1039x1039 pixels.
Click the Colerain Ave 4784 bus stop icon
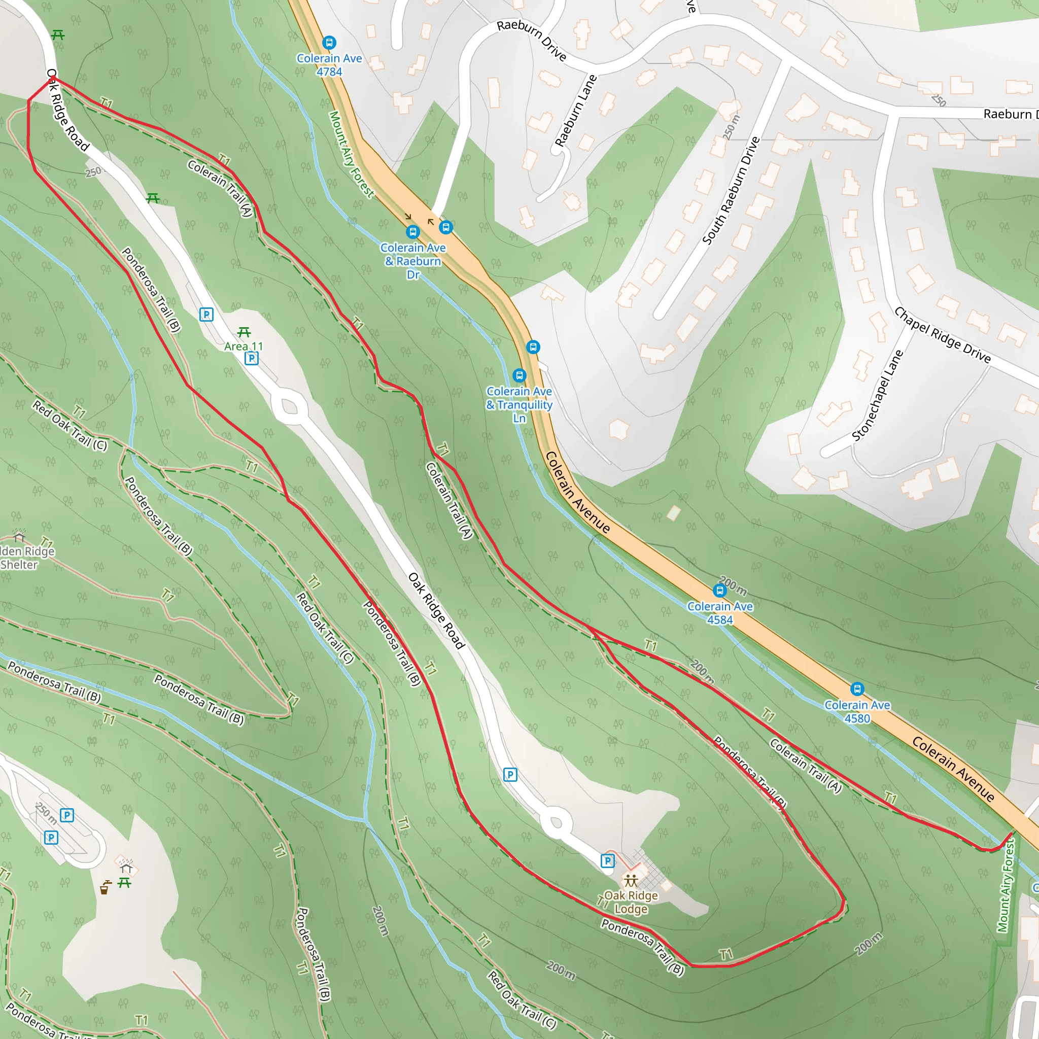click(x=329, y=43)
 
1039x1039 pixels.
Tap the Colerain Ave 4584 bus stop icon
click(x=719, y=591)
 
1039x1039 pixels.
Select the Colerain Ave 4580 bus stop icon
click(x=857, y=689)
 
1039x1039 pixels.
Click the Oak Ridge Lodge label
click(x=631, y=902)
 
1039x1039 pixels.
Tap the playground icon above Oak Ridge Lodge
click(x=630, y=880)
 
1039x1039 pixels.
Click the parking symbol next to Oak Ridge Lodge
click(x=607, y=861)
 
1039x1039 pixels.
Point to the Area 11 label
click(x=244, y=347)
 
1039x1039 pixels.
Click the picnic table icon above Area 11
click(x=244, y=332)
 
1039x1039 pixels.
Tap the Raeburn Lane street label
click(x=576, y=111)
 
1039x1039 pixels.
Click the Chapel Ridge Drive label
click(x=942, y=334)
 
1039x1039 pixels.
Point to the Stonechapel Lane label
click(x=877, y=396)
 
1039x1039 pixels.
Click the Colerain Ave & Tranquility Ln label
click(x=519, y=404)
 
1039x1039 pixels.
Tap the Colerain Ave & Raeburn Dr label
click(x=413, y=261)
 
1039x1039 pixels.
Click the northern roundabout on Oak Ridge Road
click(x=289, y=406)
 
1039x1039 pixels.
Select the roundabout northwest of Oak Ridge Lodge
click(x=556, y=823)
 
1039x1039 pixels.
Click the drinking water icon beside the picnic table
click(x=106, y=887)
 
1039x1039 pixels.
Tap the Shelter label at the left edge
click(x=19, y=565)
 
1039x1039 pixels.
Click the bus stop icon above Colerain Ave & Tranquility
click(x=519, y=375)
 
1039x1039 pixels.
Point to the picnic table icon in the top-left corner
click(x=58, y=36)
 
